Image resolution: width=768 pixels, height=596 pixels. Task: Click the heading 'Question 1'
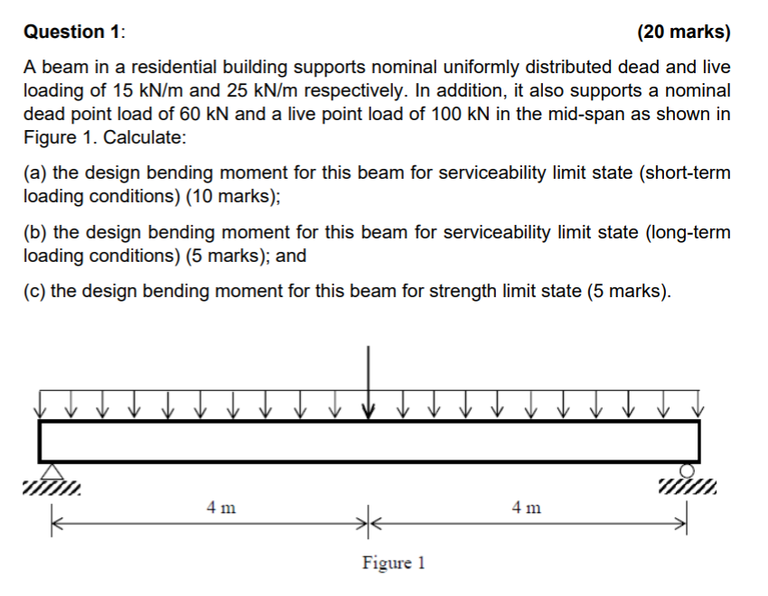point(74,33)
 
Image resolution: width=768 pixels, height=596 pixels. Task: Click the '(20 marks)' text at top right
point(683,33)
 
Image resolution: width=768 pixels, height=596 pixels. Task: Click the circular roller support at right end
point(688,470)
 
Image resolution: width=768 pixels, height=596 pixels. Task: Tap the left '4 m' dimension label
point(221,508)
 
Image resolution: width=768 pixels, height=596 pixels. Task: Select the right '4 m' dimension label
point(526,508)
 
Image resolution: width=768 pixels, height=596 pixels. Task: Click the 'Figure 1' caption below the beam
point(393,563)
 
